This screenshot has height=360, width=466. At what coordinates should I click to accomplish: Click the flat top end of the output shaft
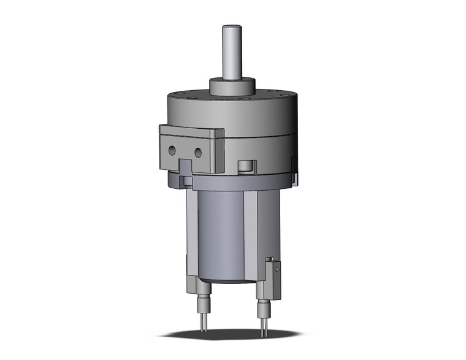(x=232, y=26)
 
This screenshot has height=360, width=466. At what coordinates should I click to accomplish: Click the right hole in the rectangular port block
(x=199, y=152)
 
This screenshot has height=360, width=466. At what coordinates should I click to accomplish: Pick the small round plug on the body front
(x=246, y=166)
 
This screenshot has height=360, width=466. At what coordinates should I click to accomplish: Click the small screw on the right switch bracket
(x=277, y=268)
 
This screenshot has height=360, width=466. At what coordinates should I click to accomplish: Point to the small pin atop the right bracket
(x=269, y=259)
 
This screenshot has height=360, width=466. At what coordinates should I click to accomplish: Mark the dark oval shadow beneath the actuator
(x=233, y=335)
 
